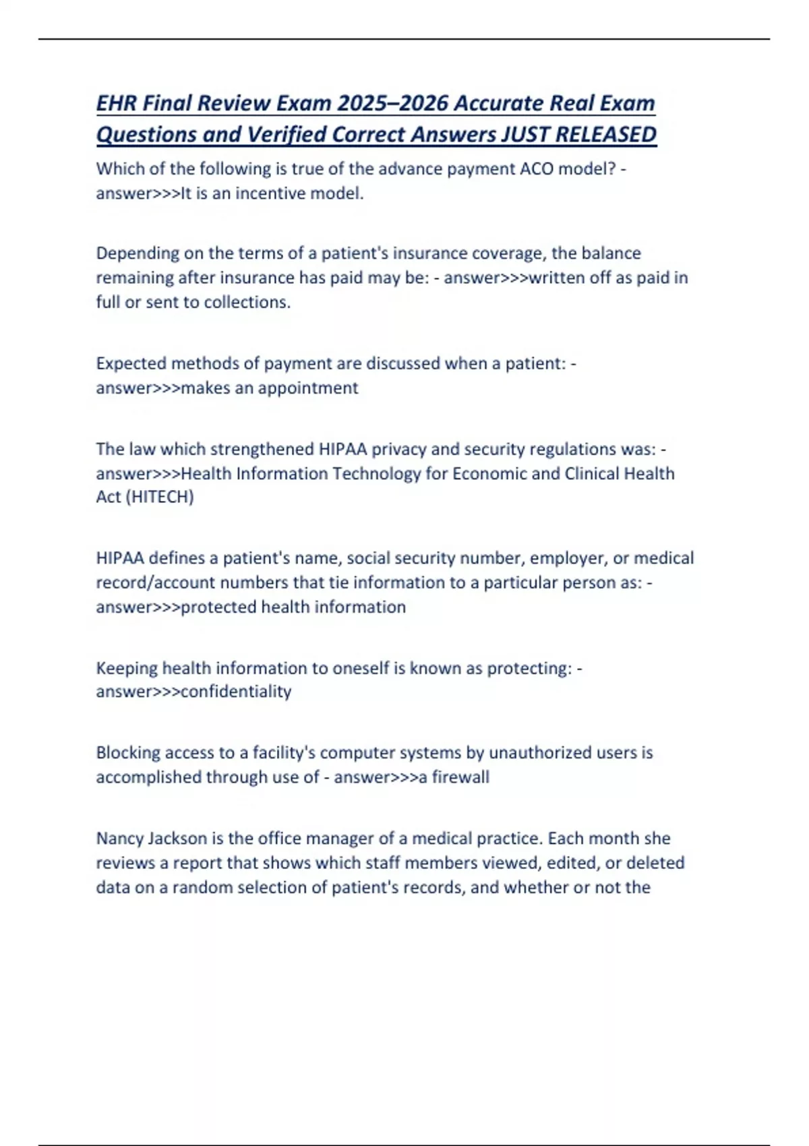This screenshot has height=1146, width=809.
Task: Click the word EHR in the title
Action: click(117, 103)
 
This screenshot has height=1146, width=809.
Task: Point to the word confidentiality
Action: click(236, 692)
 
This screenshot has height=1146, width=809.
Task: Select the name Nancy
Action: click(119, 839)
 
